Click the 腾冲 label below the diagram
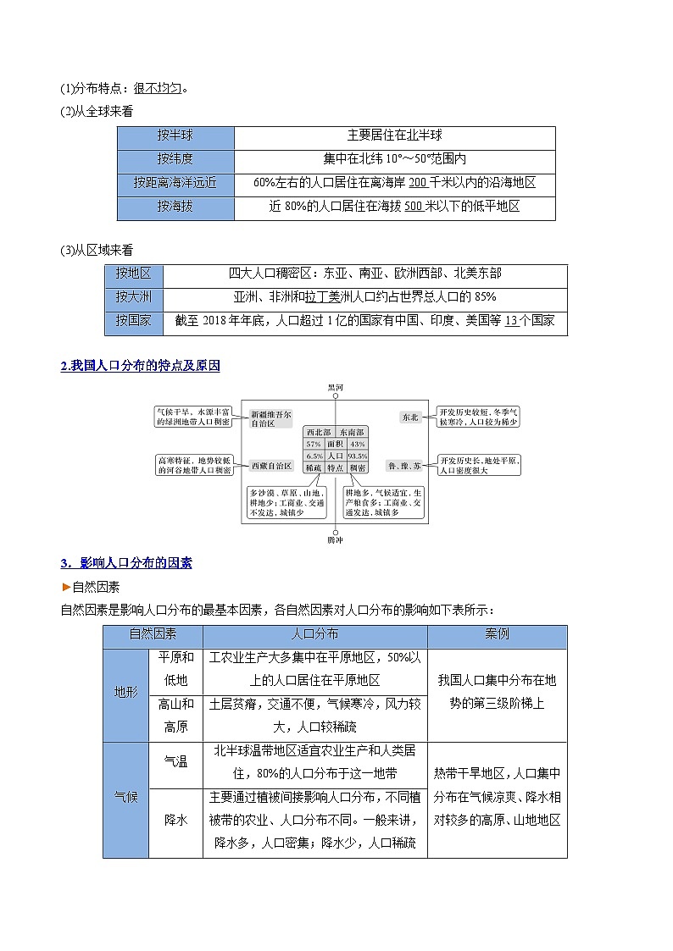336,539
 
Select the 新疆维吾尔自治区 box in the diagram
271,419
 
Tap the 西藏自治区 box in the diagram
271,466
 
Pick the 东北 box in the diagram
410,417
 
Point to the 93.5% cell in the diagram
357,456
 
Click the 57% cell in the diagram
314,444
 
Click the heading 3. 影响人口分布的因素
126,562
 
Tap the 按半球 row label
175,135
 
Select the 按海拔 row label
175,206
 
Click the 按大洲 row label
132,297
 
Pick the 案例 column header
498,633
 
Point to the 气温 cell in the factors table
175,761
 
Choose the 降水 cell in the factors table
175,819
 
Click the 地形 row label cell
125,692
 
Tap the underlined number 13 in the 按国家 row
510,320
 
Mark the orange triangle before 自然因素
65,586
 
